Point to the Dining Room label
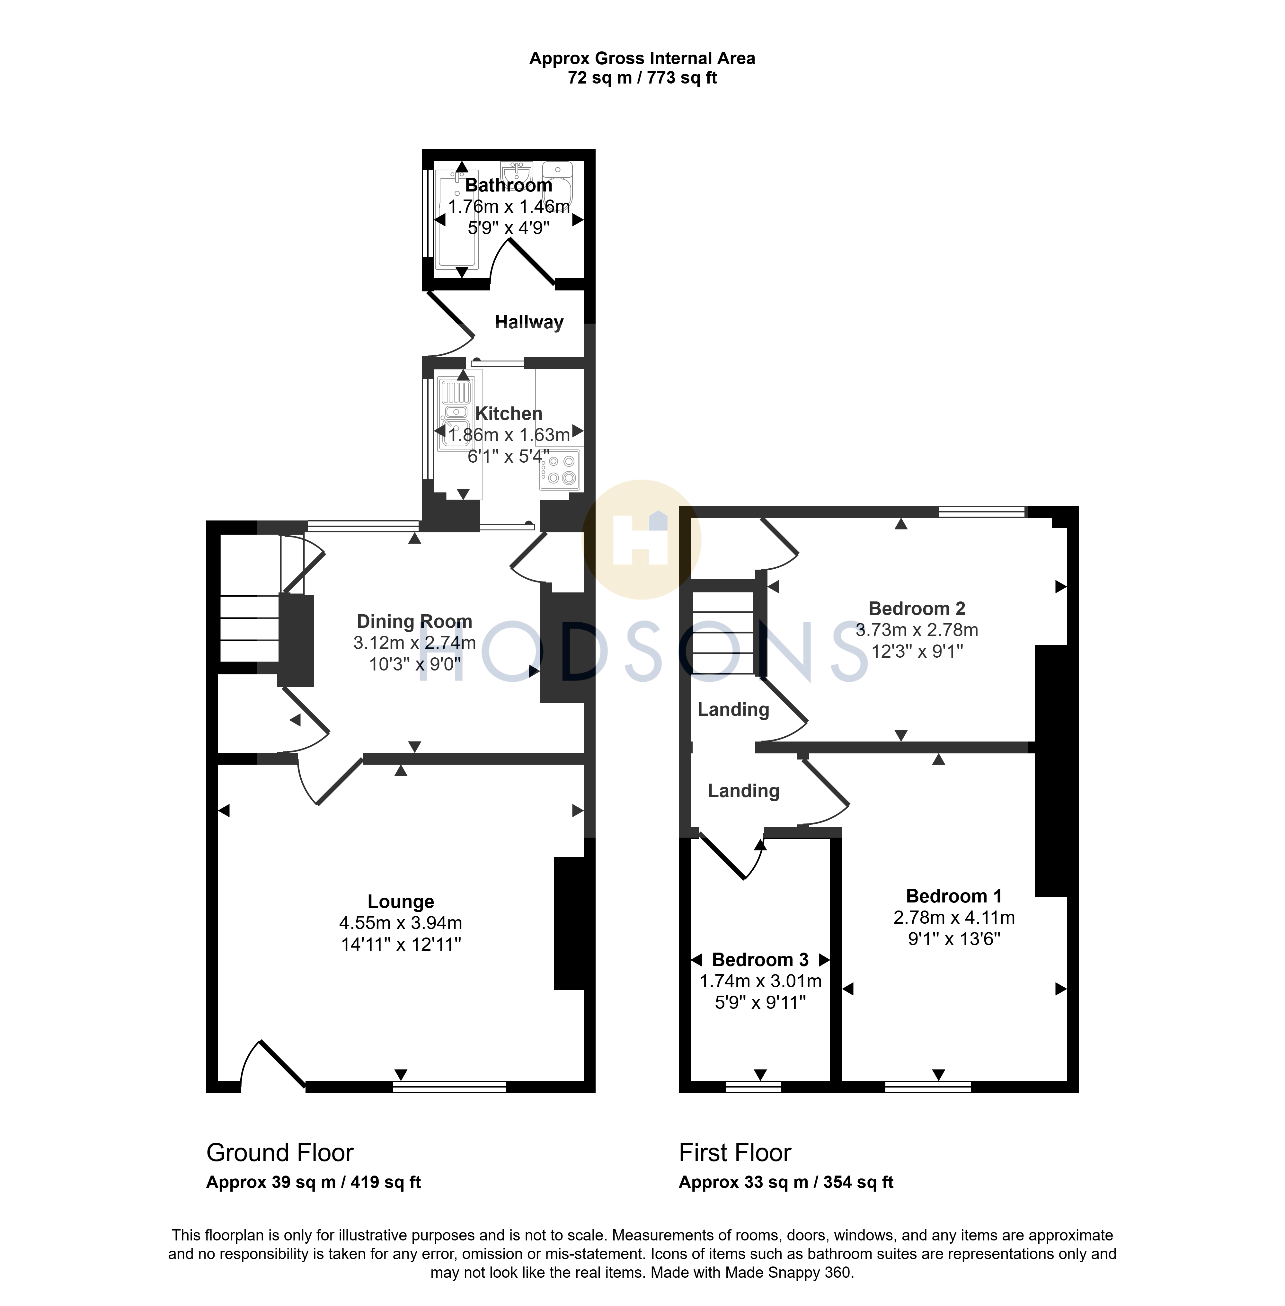tap(414, 621)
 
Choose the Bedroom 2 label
tap(917, 608)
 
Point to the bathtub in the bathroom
tap(457, 220)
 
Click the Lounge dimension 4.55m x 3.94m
tap(401, 923)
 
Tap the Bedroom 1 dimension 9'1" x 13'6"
tap(953, 939)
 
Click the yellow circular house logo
tap(642, 539)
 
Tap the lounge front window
tap(449, 1087)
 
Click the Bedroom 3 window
tap(753, 1087)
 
